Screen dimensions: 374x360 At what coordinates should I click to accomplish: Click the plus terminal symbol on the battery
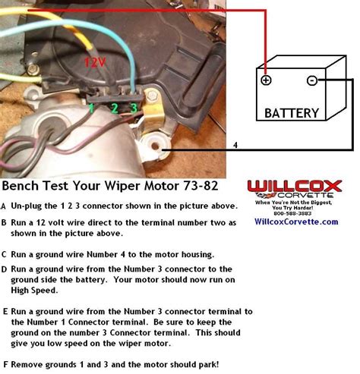coord(266,80)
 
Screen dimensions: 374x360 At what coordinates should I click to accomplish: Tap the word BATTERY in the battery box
coord(291,113)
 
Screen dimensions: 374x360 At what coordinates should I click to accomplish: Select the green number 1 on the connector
coord(90,108)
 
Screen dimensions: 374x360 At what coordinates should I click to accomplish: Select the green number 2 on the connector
coord(114,108)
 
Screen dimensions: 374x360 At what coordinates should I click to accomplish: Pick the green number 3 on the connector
coord(133,108)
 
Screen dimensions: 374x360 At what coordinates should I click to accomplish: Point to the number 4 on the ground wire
coord(235,146)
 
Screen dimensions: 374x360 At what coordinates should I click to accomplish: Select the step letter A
coord(5,206)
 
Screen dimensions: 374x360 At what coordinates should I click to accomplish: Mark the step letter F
coord(5,364)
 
